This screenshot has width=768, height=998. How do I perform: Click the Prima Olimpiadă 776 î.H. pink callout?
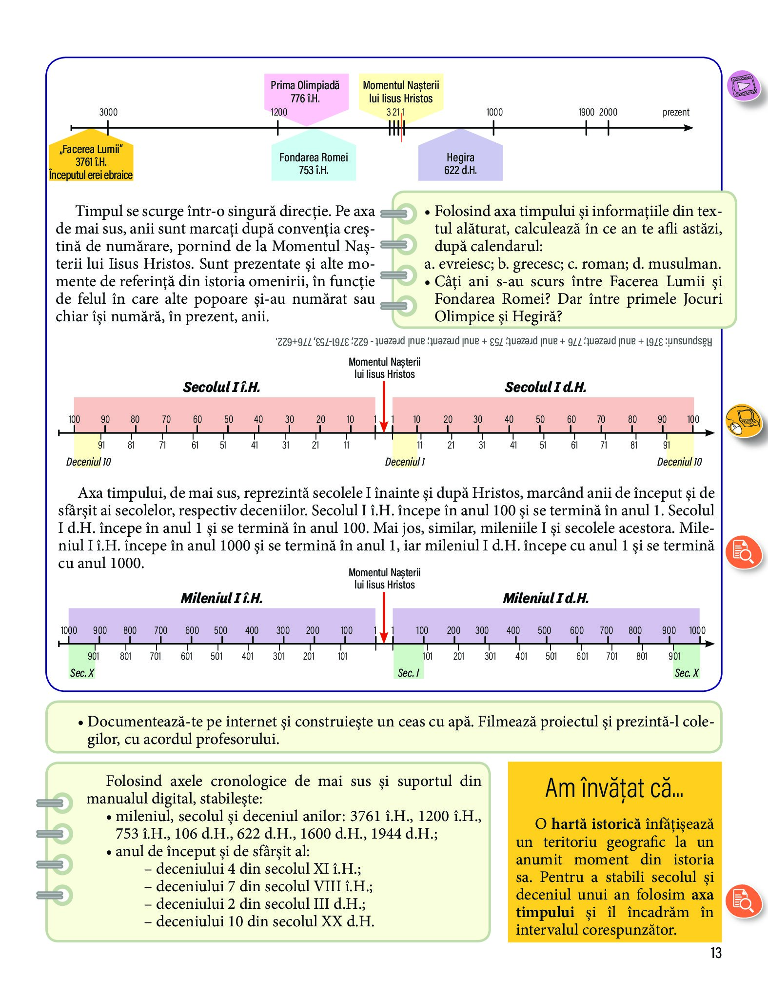click(x=305, y=93)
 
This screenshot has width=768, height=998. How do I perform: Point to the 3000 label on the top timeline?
click(x=108, y=112)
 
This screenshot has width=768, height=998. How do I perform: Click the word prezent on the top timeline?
click(x=676, y=112)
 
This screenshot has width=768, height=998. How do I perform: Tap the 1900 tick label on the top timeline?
click(x=586, y=112)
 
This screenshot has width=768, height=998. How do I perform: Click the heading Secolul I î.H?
click(x=221, y=387)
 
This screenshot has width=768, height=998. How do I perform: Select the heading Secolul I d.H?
click(x=545, y=387)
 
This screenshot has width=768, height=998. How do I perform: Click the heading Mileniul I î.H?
click(x=221, y=598)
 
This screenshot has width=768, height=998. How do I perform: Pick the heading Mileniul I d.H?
click(x=546, y=598)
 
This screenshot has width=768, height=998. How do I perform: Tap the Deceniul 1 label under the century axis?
click(x=405, y=462)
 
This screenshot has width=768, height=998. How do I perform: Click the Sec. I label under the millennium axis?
click(x=408, y=673)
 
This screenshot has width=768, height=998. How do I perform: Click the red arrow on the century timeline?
click(x=384, y=407)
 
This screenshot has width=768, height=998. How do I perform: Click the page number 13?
click(x=715, y=953)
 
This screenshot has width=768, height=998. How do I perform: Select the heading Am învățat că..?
click(x=614, y=788)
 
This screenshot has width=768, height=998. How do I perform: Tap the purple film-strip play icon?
click(x=743, y=85)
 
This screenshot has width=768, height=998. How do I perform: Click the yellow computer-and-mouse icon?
click(x=743, y=420)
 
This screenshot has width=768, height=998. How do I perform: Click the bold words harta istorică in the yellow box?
click(x=596, y=824)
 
